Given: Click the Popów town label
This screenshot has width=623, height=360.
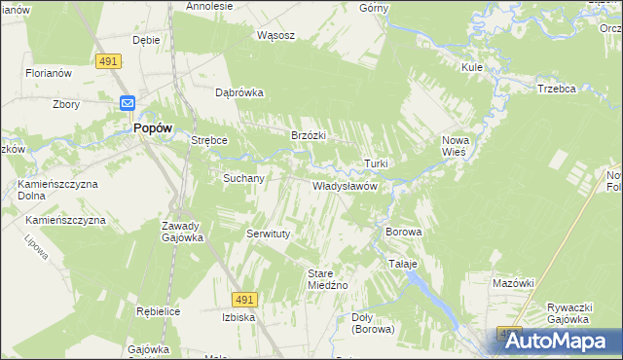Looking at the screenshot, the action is [x=147, y=127].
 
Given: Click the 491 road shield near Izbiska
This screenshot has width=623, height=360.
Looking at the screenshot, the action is [x=244, y=300].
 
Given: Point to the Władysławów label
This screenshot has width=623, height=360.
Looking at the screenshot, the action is [x=344, y=185].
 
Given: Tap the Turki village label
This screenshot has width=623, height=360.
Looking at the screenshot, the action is [x=377, y=162].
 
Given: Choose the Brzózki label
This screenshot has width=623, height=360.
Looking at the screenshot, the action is [x=308, y=135].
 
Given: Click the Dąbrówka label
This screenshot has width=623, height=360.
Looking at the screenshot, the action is [x=239, y=93].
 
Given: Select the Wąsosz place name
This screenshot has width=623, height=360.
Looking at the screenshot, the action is [x=275, y=35].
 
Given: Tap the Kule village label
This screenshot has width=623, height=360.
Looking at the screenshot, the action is [x=473, y=67].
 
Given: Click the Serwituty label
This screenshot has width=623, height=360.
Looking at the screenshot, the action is [x=269, y=234].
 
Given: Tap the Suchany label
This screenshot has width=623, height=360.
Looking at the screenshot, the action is [x=243, y=179].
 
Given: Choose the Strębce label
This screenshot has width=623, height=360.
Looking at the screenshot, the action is [x=209, y=140].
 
